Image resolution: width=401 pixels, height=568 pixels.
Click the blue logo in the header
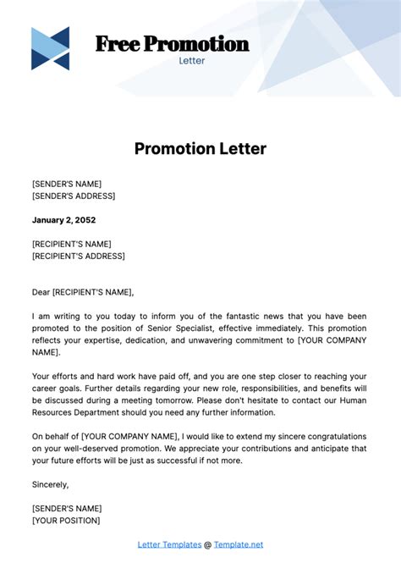[50, 48]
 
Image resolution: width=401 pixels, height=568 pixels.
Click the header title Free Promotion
[172, 44]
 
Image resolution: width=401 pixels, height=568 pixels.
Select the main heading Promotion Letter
[200, 149]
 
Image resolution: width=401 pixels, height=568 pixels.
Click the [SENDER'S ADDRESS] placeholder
[74, 196]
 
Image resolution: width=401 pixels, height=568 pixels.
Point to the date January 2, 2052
[64, 220]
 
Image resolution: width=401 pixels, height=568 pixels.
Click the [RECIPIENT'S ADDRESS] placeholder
[79, 256]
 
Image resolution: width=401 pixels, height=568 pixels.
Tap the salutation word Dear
[41, 292]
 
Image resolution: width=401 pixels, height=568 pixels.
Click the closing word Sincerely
[50, 485]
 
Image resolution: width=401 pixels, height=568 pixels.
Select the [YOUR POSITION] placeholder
[66, 521]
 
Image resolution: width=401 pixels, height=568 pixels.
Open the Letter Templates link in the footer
[169, 544]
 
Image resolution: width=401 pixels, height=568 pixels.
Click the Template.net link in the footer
[239, 544]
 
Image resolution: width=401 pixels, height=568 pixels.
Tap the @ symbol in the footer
[208, 544]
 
